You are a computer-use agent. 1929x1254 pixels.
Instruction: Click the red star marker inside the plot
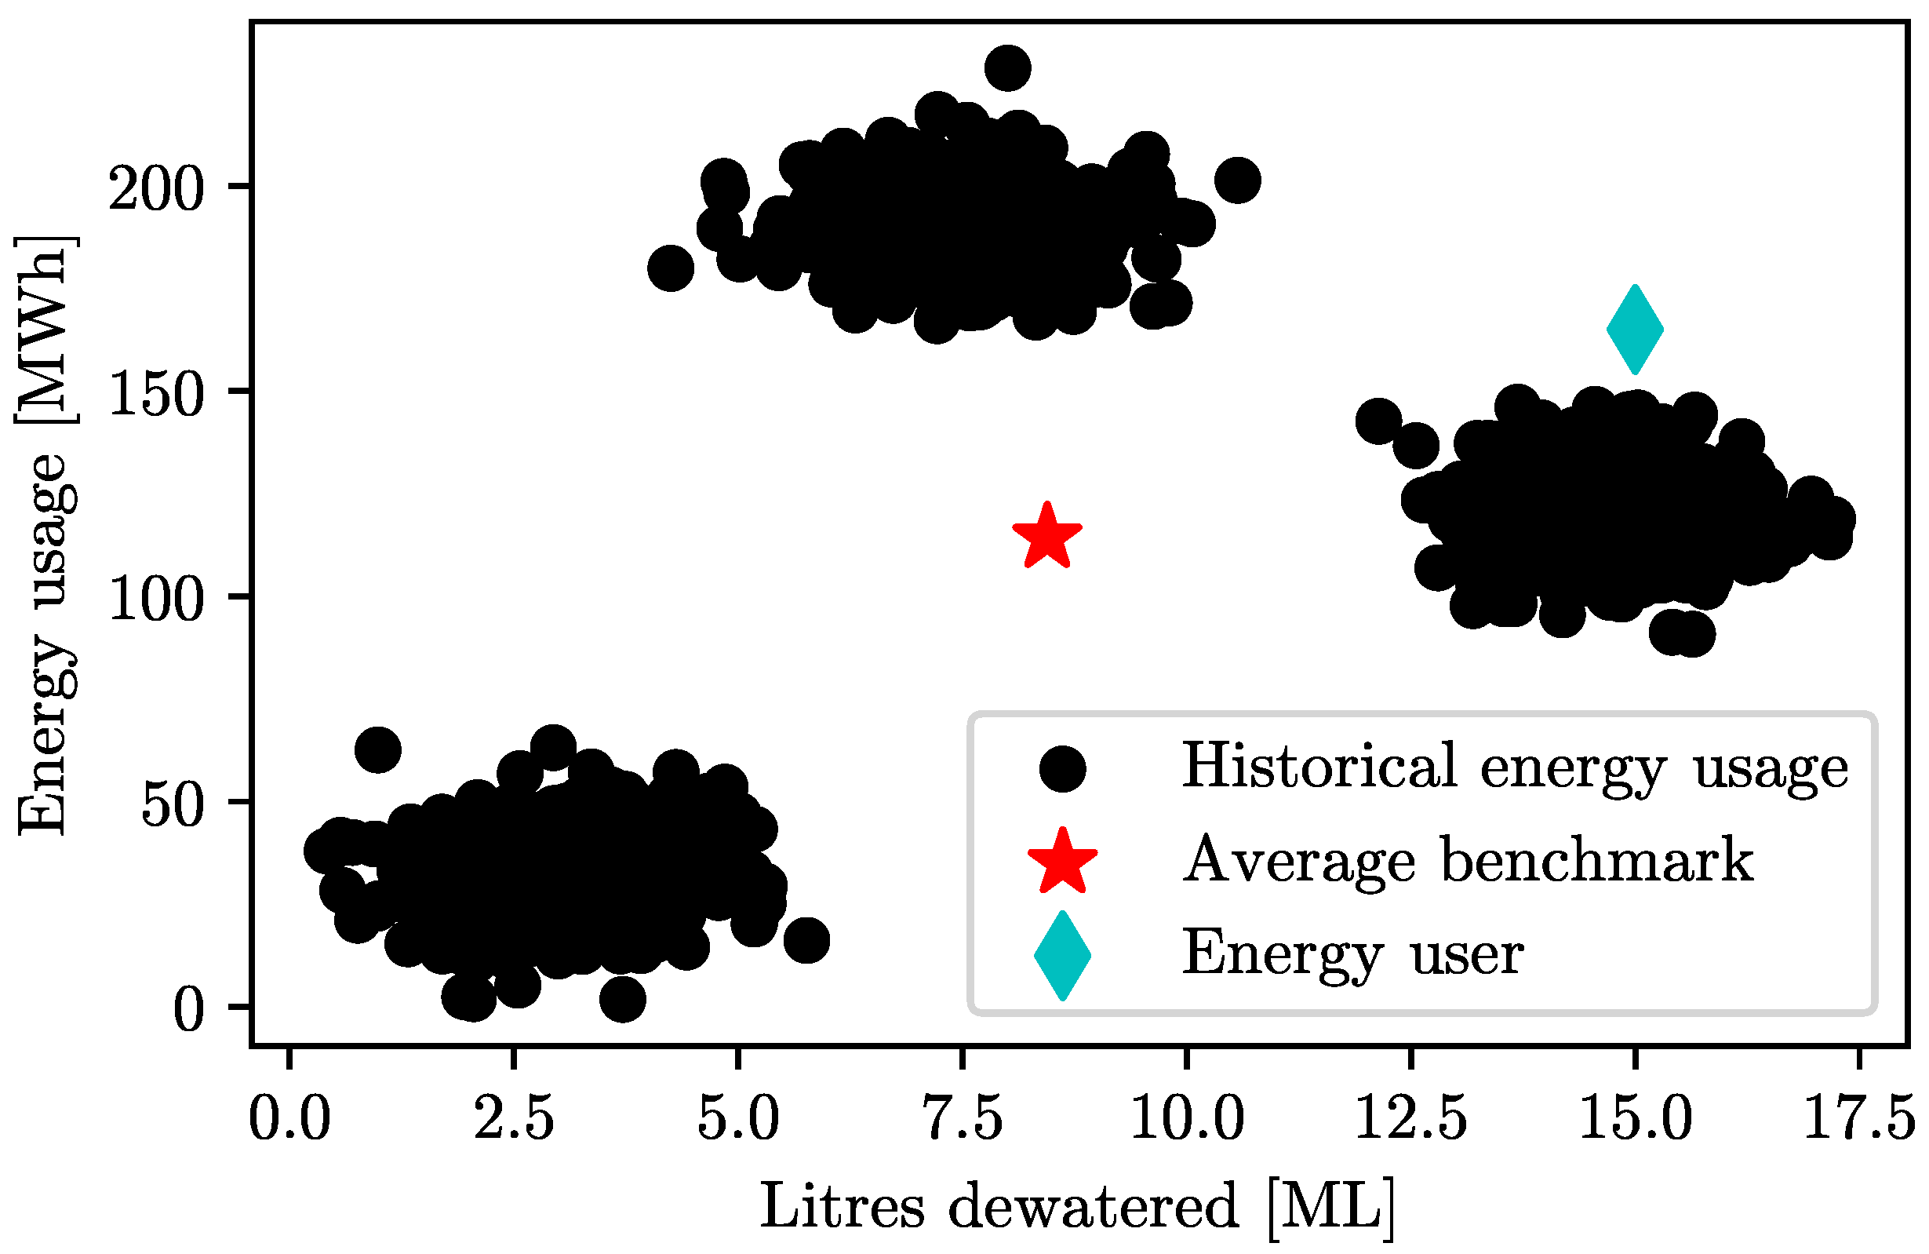(x=1046, y=537)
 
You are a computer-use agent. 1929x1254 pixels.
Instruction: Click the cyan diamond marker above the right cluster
(x=1635, y=330)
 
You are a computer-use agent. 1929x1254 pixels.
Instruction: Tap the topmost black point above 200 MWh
(x=1007, y=68)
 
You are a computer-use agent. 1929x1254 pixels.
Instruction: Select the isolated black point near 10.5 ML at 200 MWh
(x=1237, y=180)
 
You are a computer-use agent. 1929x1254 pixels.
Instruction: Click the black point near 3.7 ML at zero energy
(x=622, y=1000)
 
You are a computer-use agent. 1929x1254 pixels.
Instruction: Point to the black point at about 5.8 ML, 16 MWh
(x=806, y=940)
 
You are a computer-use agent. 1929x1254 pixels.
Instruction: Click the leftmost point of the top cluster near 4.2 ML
(x=670, y=268)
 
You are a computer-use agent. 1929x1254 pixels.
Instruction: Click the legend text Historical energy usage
(x=1515, y=766)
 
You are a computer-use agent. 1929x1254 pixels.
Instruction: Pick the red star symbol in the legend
(x=1061, y=861)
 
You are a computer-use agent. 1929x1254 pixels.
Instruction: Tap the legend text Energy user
(x=1352, y=953)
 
